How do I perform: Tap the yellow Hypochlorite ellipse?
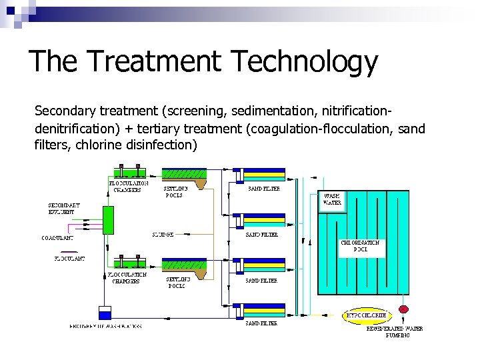366,315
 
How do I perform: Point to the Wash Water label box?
332,199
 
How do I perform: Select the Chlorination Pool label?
360,246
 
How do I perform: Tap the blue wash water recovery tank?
105,313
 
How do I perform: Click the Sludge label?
163,235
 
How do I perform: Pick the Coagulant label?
58,237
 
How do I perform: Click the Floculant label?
69,257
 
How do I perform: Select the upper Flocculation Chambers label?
128,186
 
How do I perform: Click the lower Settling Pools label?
179,282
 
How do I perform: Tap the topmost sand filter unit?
263,175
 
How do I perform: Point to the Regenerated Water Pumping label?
395,331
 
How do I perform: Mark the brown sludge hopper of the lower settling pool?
199,271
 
